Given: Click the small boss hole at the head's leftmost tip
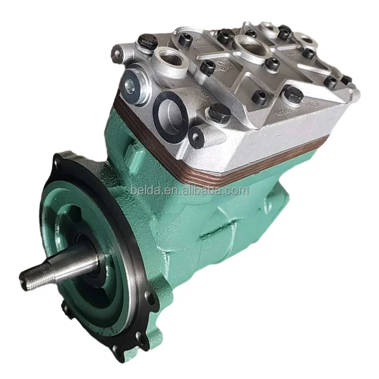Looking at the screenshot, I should pyautogui.click(x=118, y=51).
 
